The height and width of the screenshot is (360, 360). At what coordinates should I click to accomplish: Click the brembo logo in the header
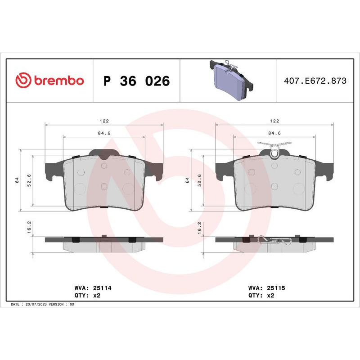pos(49,81)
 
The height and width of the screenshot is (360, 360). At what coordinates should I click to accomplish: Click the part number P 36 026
pos(136,81)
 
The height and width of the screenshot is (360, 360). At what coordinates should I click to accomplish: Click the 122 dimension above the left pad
pos(104,121)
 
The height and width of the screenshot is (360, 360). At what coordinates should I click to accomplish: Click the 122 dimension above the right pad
pos(274,121)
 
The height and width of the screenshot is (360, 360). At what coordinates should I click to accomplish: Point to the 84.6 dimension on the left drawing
pos(104,133)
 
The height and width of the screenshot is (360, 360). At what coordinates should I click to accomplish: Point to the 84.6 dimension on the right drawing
pos(274,133)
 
